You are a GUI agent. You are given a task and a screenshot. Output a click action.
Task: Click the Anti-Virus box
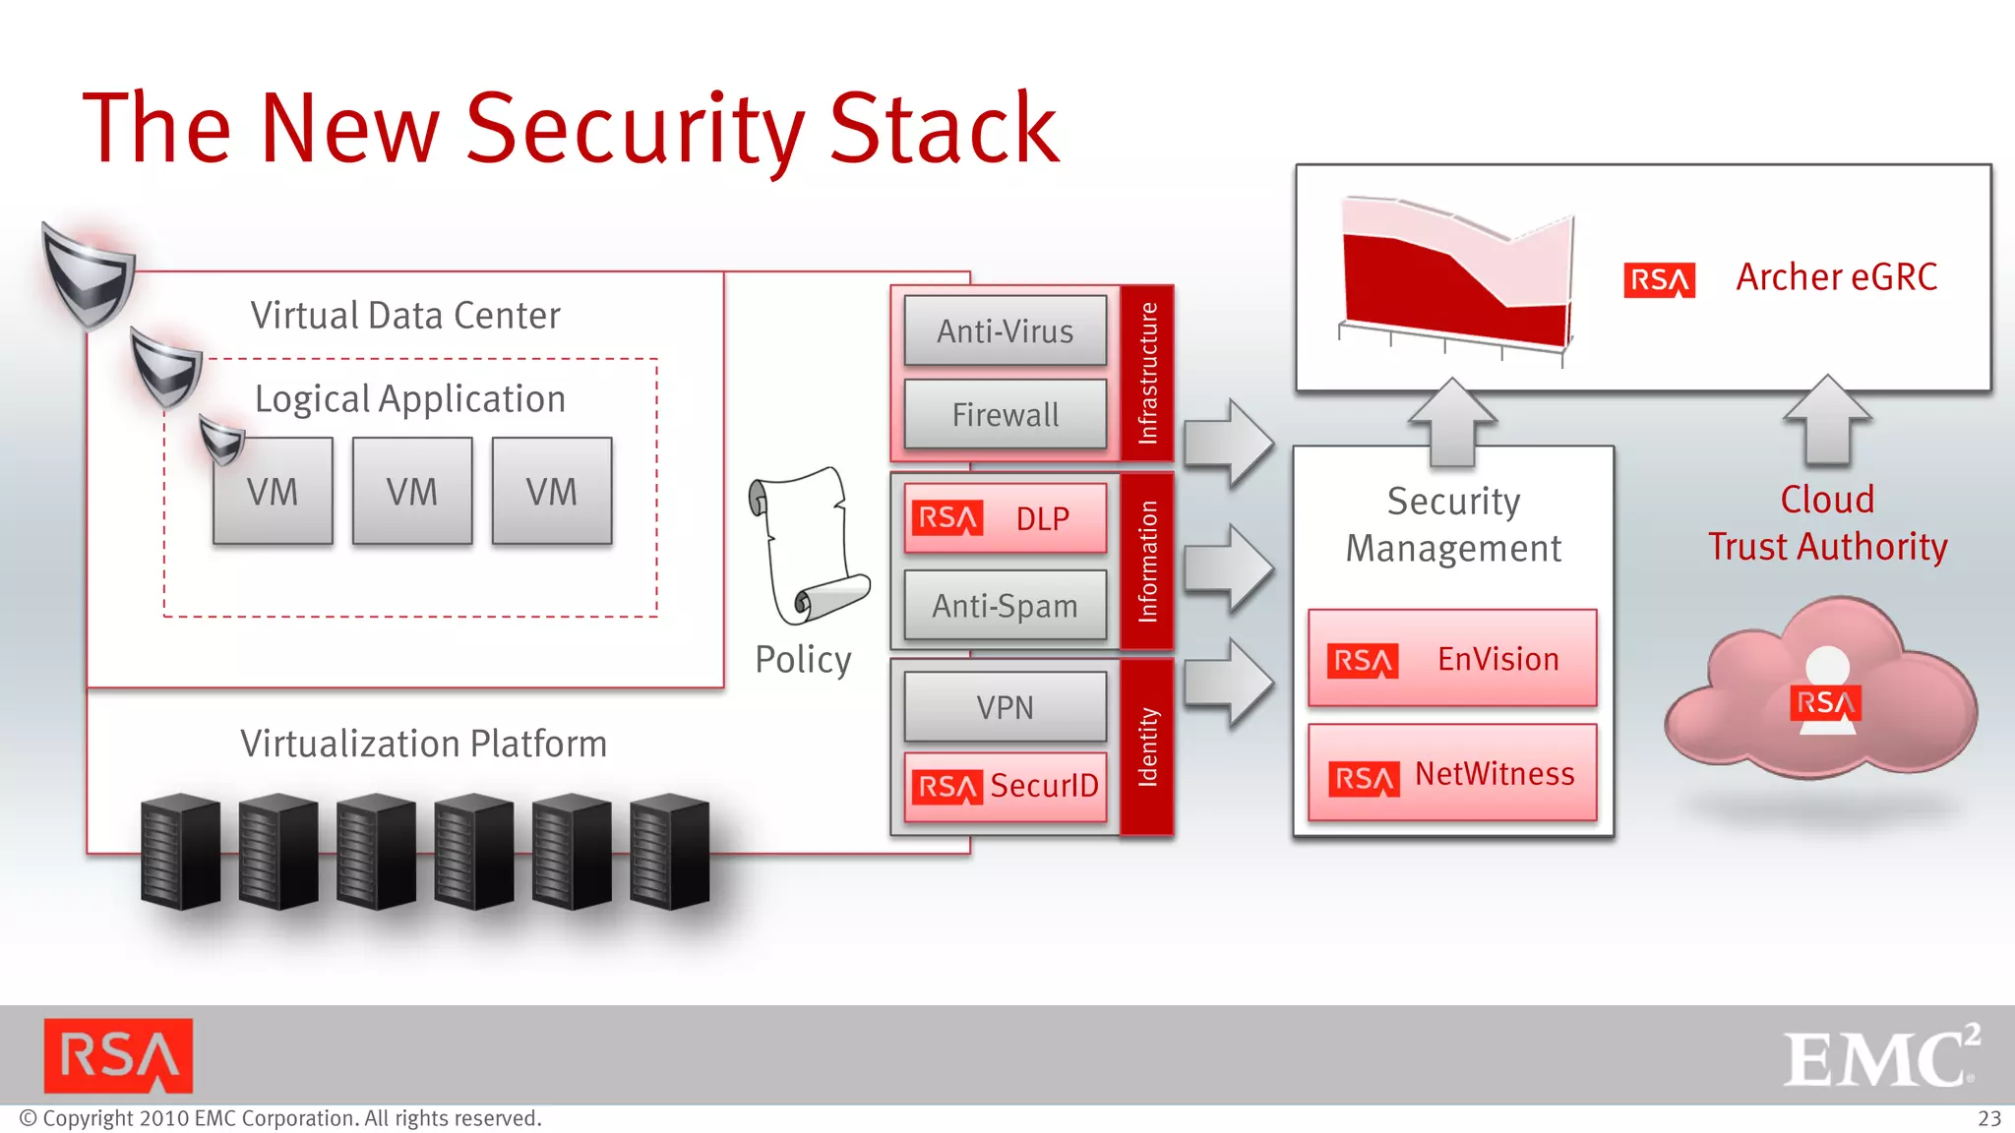point(1005,331)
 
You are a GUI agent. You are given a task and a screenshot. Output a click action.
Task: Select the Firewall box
point(1005,415)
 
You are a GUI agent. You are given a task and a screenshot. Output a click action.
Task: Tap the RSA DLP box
point(1005,518)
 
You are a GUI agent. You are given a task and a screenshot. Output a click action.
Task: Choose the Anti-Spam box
point(1005,606)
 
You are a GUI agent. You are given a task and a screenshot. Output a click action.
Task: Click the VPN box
point(1005,707)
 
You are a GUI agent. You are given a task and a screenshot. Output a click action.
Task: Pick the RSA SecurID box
point(1005,786)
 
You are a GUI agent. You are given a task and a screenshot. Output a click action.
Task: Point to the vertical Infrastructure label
point(1147,373)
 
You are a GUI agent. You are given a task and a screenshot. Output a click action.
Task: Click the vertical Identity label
point(1147,747)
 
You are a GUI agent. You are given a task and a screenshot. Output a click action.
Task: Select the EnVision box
point(1452,659)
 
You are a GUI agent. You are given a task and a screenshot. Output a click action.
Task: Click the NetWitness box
point(1452,774)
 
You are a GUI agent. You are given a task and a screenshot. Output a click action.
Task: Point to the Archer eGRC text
point(1836,277)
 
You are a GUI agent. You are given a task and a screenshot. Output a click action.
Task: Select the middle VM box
point(412,491)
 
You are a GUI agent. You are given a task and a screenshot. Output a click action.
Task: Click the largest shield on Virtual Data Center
point(89,275)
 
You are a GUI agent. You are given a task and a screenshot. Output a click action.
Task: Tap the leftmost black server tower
point(181,851)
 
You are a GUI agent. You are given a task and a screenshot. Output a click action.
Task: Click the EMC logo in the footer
point(1879,1056)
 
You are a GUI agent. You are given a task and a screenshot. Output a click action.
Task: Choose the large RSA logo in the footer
point(118,1056)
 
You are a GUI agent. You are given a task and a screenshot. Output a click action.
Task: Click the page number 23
point(1988,1119)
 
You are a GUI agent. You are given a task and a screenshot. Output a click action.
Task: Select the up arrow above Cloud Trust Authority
point(1827,419)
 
